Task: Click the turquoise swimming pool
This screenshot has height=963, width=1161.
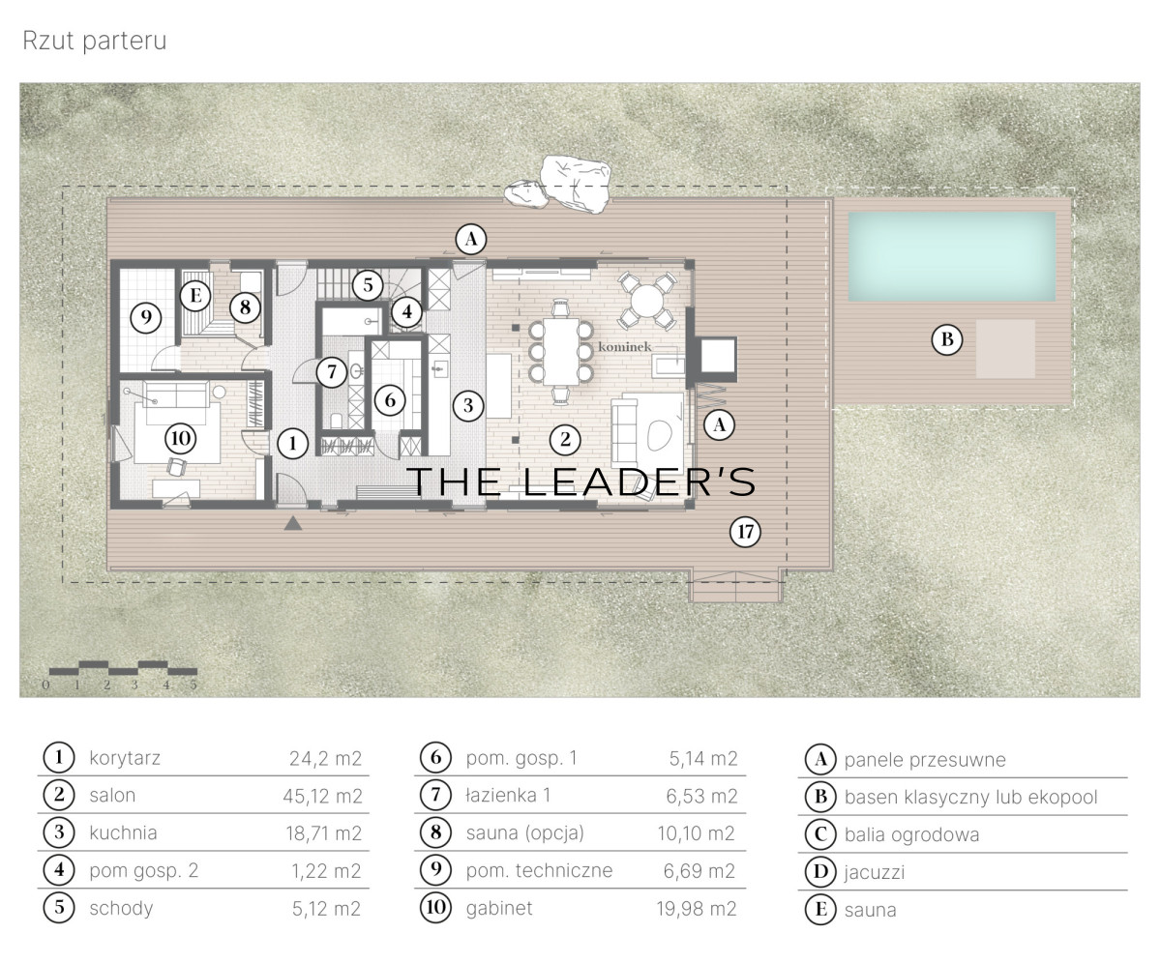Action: [x=951, y=256]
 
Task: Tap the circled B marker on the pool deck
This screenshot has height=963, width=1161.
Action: [x=947, y=339]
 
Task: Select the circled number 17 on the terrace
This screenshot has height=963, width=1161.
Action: [x=745, y=532]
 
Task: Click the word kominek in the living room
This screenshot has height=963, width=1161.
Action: [x=624, y=347]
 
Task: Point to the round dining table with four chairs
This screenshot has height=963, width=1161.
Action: [x=647, y=301]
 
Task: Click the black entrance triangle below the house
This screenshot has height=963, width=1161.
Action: [x=293, y=523]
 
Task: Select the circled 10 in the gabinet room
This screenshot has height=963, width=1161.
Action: [x=181, y=438]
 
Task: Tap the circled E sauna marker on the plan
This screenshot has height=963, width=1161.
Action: [x=195, y=295]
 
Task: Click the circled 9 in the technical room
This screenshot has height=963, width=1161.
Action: [x=146, y=317]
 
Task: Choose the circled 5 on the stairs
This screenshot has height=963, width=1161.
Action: [x=368, y=285]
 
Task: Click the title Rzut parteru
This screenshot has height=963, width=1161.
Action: [x=95, y=42]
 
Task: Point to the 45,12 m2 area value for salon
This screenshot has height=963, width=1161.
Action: [x=322, y=796]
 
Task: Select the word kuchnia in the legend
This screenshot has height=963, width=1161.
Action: [x=124, y=833]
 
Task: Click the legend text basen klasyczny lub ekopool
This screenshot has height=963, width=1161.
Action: [x=970, y=798]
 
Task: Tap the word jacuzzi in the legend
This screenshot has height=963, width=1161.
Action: [x=874, y=872]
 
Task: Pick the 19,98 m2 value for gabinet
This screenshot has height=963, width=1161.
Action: [x=697, y=909]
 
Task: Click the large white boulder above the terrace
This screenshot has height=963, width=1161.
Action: [x=576, y=184]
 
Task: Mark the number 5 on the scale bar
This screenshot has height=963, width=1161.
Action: [x=193, y=685]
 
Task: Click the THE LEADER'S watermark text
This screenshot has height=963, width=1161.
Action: [x=581, y=481]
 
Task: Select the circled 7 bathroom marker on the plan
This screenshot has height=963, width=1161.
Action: [x=332, y=371]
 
